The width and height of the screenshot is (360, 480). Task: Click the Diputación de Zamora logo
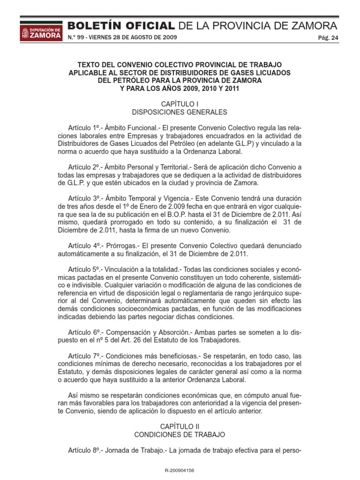pos(40,31)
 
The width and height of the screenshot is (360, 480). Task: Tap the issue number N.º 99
pos(76,37)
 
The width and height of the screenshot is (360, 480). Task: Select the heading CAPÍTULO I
pos(180,103)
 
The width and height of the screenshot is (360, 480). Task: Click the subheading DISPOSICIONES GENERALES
pos(180,112)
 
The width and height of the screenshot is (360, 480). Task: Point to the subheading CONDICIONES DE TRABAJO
pos(180,435)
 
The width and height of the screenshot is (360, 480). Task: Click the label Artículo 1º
pos(84,127)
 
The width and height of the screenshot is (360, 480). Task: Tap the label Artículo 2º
pos(84,167)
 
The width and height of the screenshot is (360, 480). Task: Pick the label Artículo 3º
pos(84,199)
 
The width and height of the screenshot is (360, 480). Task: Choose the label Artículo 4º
pos(84,246)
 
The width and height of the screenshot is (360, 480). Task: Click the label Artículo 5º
pos(84,270)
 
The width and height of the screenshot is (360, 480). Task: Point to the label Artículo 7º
pos(84,356)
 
